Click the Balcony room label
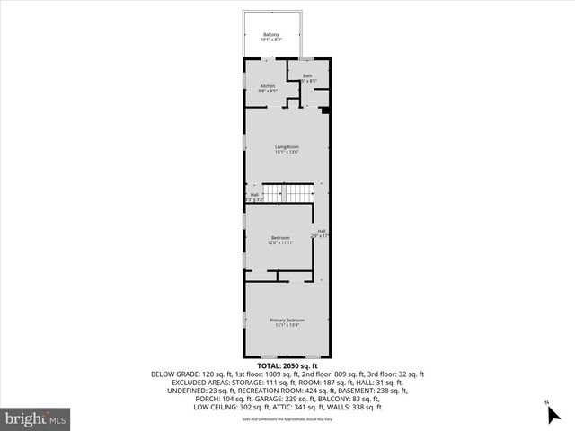(x=271, y=35)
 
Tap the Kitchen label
(x=268, y=86)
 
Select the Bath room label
(x=307, y=76)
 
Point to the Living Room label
(x=287, y=146)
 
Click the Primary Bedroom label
(x=287, y=321)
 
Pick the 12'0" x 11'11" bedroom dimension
(x=279, y=242)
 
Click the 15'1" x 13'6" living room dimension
(x=287, y=152)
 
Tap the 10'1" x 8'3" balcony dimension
(x=271, y=40)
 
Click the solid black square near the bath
(x=325, y=110)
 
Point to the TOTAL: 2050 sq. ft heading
(x=287, y=366)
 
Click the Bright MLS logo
(x=36, y=418)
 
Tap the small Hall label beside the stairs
(x=254, y=194)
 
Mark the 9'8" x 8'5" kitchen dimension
(x=268, y=92)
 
